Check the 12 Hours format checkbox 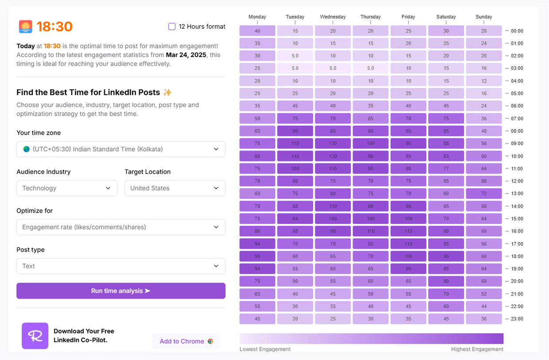(x=172, y=27)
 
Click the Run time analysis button (x=121, y=291)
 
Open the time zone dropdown (x=121, y=149)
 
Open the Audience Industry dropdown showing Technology (x=67, y=188)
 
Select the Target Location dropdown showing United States (x=175, y=188)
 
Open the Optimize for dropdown (x=121, y=227)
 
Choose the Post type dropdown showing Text (x=121, y=266)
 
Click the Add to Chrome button (x=186, y=341)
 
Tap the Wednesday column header (x=333, y=17)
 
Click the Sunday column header (x=484, y=17)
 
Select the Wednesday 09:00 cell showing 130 (x=333, y=143)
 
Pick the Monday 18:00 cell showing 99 (x=257, y=256)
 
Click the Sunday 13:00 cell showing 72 (x=484, y=194)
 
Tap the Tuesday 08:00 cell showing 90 (x=295, y=131)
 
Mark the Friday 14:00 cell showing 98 (x=408, y=206)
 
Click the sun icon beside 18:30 (x=26, y=27)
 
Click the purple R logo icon (x=35, y=336)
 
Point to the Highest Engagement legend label (x=477, y=349)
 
